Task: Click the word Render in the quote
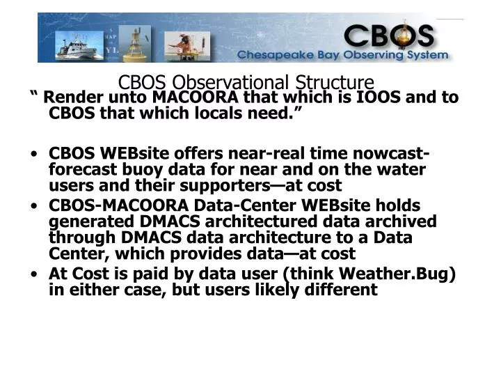point(70,97)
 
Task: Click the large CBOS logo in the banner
point(388,35)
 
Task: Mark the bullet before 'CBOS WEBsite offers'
point(34,155)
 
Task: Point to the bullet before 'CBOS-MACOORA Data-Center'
point(34,207)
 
